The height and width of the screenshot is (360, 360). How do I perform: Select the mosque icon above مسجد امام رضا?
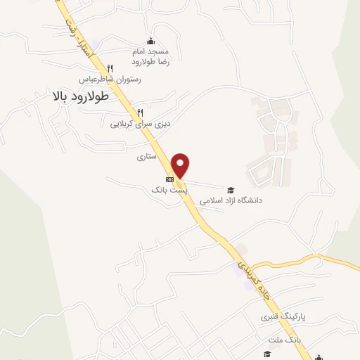[150, 41]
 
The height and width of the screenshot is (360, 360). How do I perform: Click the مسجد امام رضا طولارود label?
[150, 56]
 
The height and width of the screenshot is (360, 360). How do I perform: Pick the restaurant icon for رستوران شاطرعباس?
[110, 67]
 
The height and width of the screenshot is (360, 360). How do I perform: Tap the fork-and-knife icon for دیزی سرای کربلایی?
[141, 112]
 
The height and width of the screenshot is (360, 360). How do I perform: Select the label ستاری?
[145, 158]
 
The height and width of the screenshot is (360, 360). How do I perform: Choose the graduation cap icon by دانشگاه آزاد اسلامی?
[230, 189]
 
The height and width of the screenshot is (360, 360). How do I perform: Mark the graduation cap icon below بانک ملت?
[266, 353]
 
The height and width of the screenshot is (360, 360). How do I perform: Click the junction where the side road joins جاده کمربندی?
[252, 266]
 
